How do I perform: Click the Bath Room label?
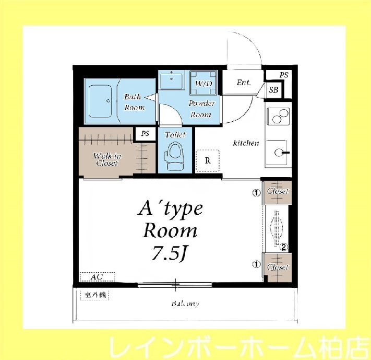(x=134, y=102)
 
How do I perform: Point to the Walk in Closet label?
(x=107, y=159)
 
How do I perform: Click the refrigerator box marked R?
(x=207, y=161)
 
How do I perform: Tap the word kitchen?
(x=246, y=143)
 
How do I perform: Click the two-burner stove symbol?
(x=279, y=115)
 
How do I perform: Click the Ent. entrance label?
(x=244, y=83)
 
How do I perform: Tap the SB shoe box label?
(x=273, y=90)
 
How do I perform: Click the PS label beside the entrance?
(x=283, y=75)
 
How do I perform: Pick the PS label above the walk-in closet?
(x=145, y=133)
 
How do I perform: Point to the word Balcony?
(x=185, y=304)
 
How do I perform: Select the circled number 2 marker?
(x=284, y=248)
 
